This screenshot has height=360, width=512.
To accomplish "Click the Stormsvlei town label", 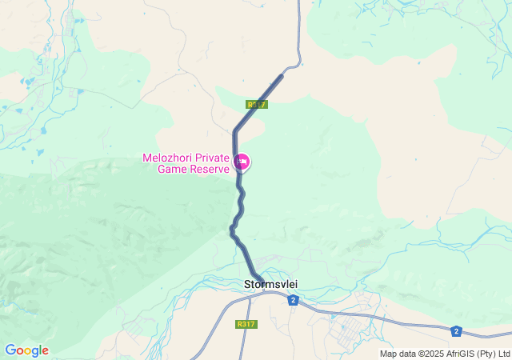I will (270, 284).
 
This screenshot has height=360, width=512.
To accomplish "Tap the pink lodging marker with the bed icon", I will (242, 163).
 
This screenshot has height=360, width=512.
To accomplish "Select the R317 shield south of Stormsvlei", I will (246, 324).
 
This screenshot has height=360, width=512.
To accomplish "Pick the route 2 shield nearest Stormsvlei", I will (294, 300).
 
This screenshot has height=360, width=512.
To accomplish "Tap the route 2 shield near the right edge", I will (456, 331).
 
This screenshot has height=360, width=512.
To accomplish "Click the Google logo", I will (26, 350).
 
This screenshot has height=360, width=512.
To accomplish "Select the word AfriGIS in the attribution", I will (462, 354).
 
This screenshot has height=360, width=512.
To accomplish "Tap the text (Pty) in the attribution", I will (488, 354).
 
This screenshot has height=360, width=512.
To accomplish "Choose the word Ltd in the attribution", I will (504, 354).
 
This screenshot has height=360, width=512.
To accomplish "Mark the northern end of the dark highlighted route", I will (282, 75).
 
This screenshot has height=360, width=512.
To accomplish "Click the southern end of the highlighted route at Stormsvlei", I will (262, 282).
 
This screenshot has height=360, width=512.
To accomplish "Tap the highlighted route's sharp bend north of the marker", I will (235, 131).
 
